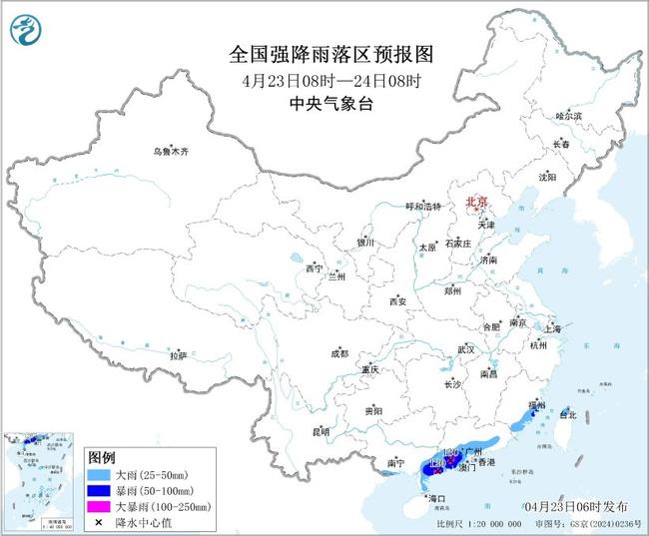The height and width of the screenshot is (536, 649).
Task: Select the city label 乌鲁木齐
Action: [170, 152]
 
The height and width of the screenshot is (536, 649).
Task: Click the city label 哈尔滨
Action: [567, 117]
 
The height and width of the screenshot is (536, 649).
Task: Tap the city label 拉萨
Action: [178, 355]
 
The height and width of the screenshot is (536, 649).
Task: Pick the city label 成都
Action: [339, 353]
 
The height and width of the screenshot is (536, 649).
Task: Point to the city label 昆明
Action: [320, 431]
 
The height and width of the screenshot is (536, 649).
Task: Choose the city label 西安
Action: [398, 300]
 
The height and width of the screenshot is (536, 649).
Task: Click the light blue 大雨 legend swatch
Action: [99, 472]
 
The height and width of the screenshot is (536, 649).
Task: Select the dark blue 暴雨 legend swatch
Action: [99, 489]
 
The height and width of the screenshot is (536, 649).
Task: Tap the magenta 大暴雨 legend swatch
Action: [99, 506]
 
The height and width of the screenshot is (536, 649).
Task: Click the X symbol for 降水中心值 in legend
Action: [99, 523]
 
